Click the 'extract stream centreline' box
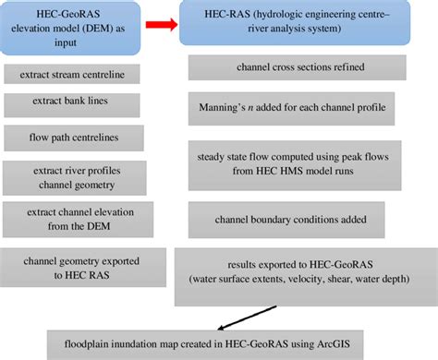[x=71, y=72]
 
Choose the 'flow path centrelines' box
[x=71, y=138]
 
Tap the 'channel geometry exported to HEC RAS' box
[x=72, y=265]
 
